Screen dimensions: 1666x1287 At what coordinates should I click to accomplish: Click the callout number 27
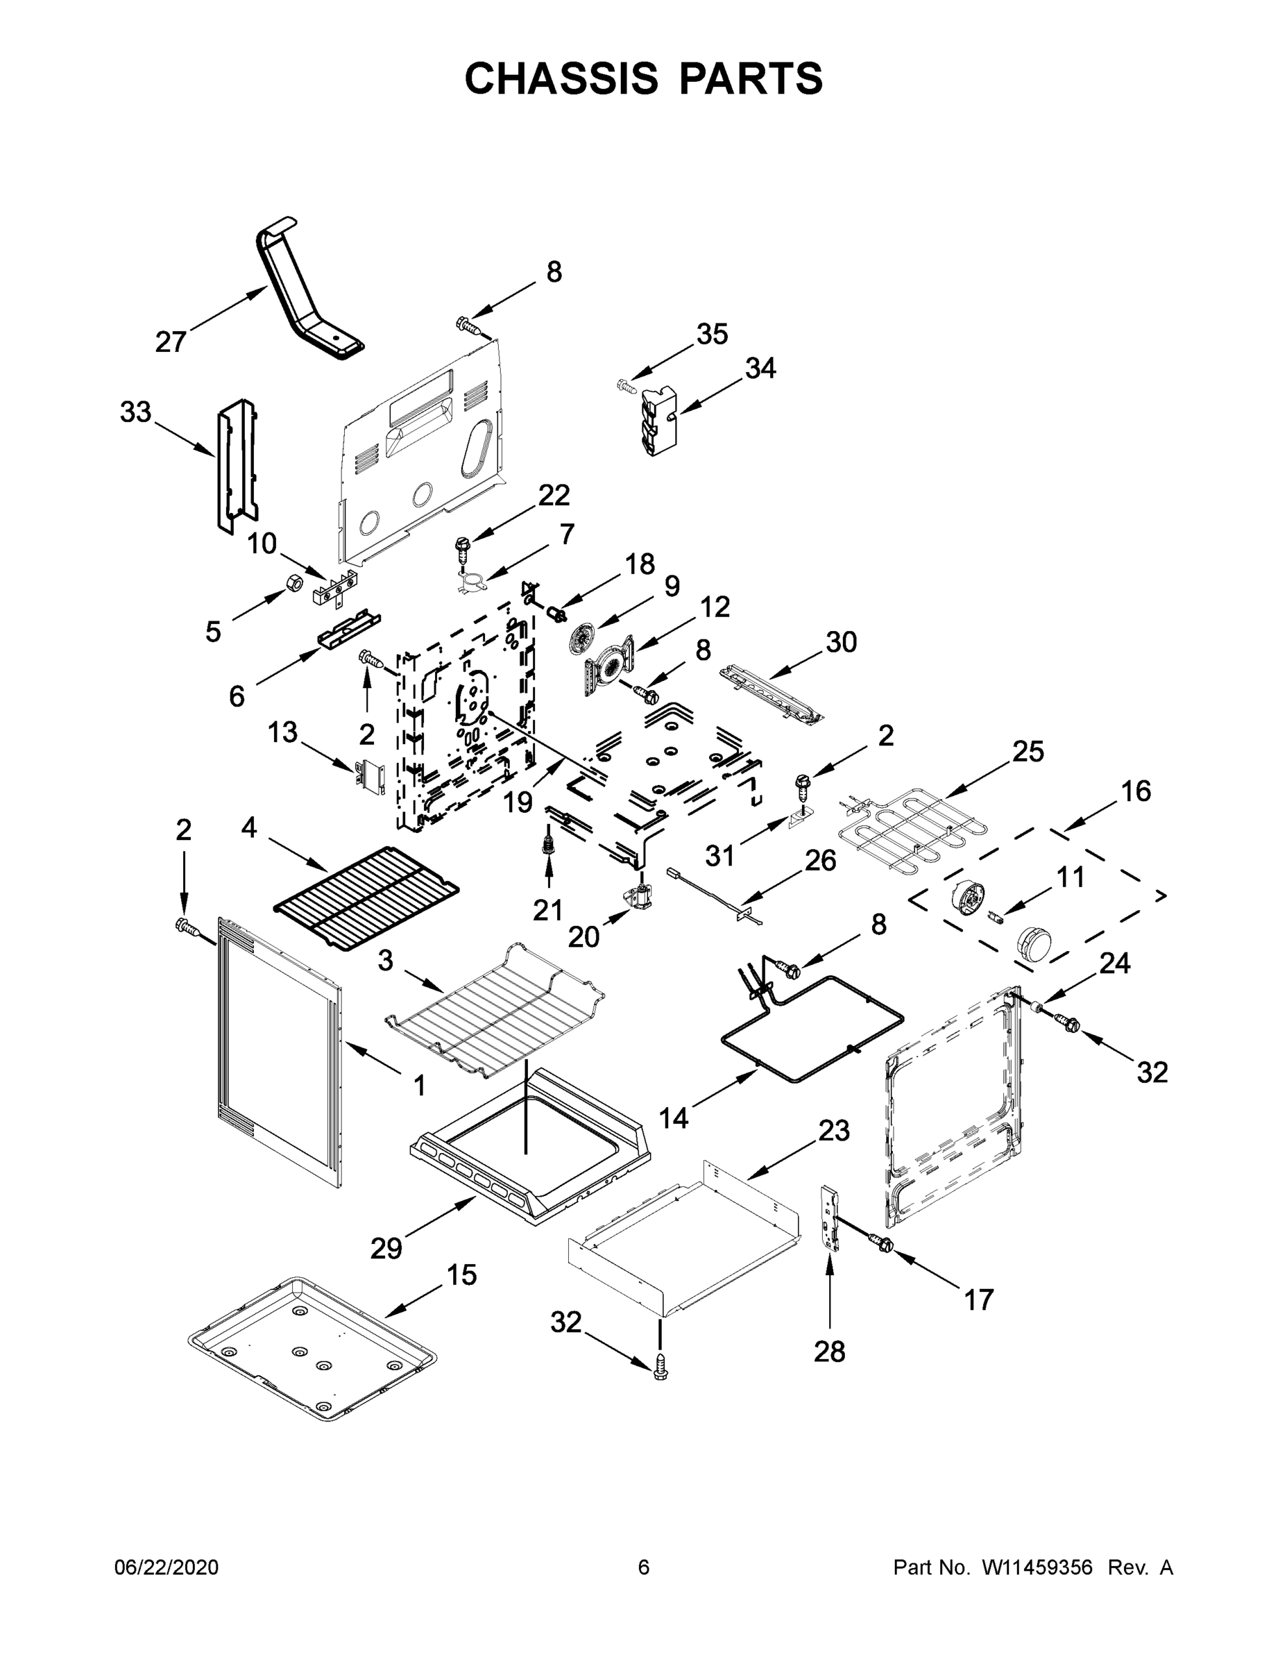point(170,342)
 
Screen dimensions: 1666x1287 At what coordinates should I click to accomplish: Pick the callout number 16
point(1136,791)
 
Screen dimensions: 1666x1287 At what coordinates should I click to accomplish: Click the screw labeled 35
point(625,386)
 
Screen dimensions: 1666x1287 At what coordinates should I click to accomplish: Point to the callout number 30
point(841,642)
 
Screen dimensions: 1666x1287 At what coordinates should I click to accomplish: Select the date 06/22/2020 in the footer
point(167,1567)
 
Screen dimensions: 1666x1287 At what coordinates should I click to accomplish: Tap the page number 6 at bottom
point(644,1567)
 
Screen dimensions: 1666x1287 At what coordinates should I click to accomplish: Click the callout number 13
point(282,732)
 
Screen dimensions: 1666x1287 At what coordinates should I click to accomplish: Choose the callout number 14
point(673,1118)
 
